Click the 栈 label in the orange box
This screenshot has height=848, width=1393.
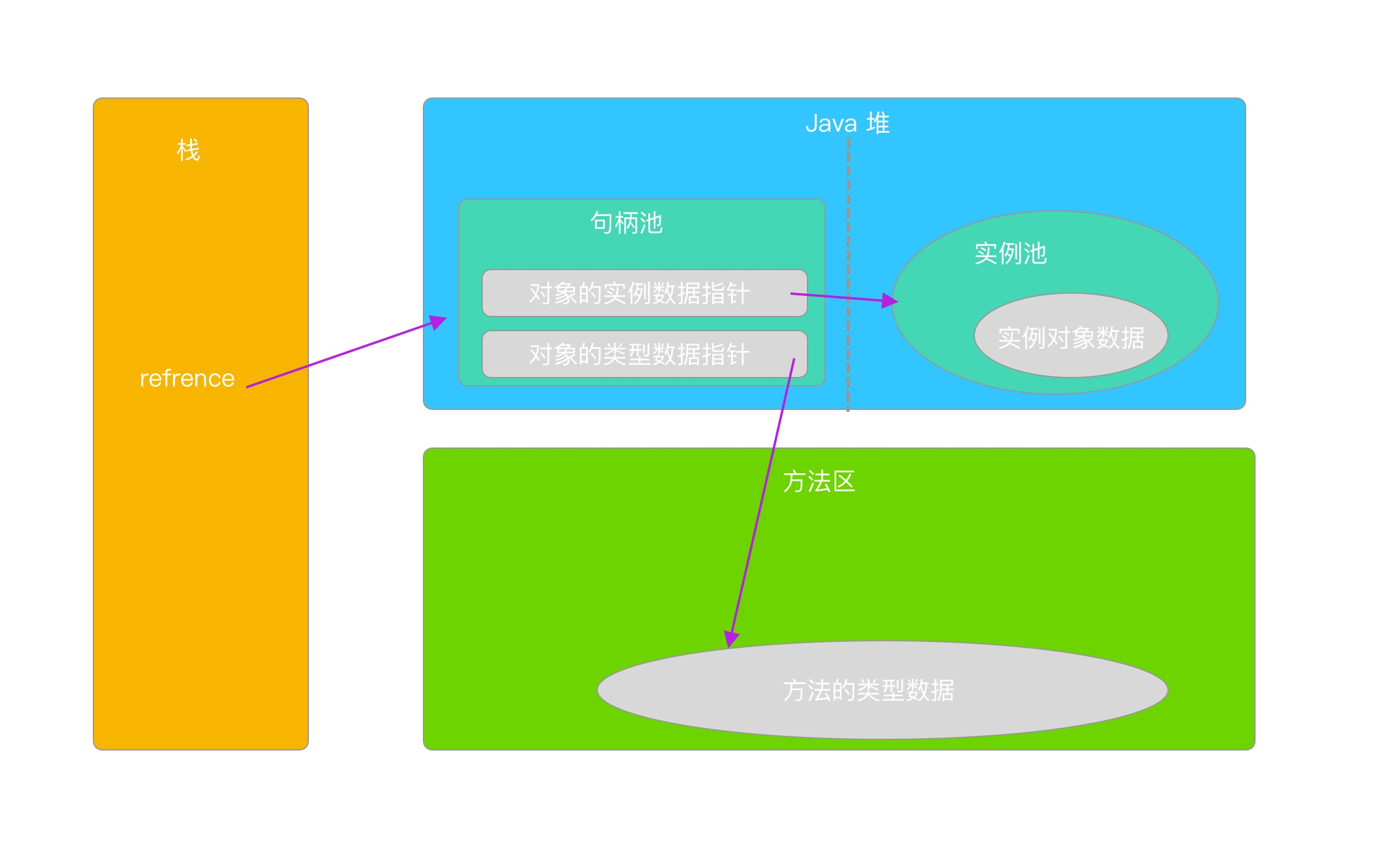(x=189, y=150)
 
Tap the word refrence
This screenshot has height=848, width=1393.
(x=187, y=379)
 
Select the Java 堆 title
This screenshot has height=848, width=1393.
(x=847, y=123)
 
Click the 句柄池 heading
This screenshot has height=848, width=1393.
(x=627, y=223)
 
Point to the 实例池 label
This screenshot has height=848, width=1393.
(x=1010, y=254)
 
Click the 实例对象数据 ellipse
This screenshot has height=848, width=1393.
(x=1071, y=337)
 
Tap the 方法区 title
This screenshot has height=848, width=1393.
(x=819, y=482)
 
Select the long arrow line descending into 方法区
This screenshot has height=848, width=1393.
(x=763, y=499)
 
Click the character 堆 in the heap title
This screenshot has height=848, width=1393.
(x=878, y=123)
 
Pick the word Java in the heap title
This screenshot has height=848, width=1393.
(x=831, y=124)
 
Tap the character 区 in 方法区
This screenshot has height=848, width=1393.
(x=844, y=482)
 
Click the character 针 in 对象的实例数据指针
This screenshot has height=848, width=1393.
(x=738, y=293)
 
